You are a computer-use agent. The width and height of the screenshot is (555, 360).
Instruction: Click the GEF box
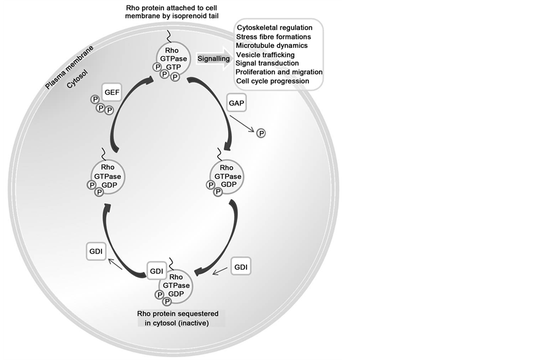(x=112, y=92)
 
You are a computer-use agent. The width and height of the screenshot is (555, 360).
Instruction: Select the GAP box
(x=235, y=103)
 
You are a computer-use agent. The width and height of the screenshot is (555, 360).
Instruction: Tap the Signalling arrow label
(x=214, y=59)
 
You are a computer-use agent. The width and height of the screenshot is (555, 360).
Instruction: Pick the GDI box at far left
(x=95, y=251)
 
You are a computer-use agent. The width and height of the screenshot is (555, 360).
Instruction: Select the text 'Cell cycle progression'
(x=272, y=80)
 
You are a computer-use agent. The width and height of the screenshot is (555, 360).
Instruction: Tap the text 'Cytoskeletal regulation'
(x=274, y=28)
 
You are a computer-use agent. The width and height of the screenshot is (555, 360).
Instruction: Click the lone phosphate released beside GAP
(x=261, y=133)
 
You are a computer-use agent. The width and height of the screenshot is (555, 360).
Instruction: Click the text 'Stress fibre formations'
(x=273, y=37)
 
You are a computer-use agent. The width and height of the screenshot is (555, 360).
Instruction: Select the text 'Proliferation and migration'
(x=279, y=72)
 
